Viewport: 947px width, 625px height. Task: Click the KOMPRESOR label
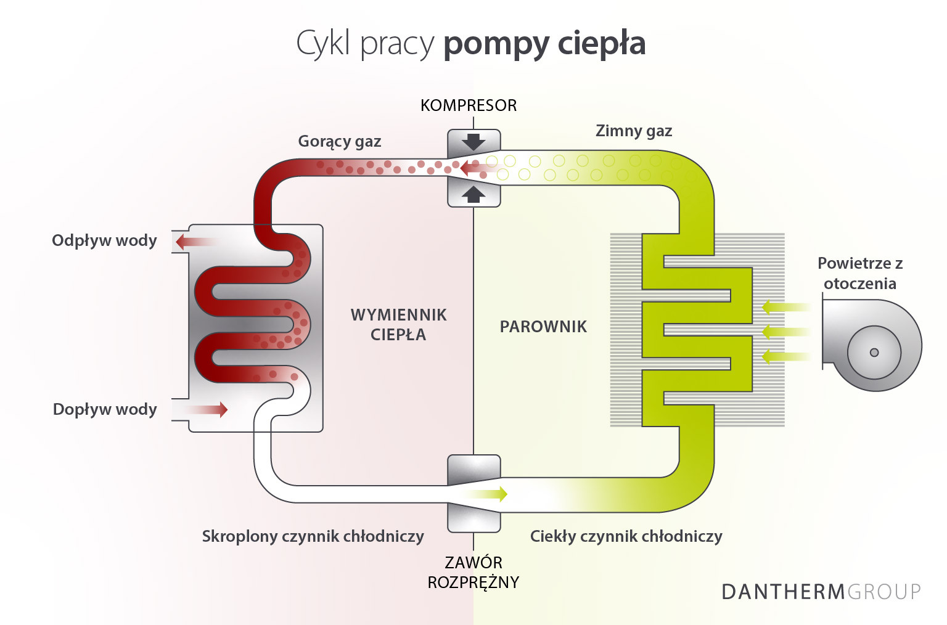pyautogui.click(x=469, y=105)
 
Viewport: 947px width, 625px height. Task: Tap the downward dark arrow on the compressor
pyautogui.click(x=473, y=141)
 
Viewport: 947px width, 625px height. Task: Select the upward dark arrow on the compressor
pyautogui.click(x=473, y=194)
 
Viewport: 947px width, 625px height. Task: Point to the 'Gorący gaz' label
pyautogui.click(x=340, y=142)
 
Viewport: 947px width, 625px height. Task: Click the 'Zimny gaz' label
pyautogui.click(x=634, y=131)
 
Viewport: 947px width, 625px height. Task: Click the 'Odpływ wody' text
pyautogui.click(x=104, y=240)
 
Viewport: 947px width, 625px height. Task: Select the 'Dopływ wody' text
pyautogui.click(x=105, y=409)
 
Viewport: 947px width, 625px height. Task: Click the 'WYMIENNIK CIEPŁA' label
pyautogui.click(x=398, y=325)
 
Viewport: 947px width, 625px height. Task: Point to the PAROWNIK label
pyautogui.click(x=543, y=327)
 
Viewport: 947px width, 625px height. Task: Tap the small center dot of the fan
pyautogui.click(x=874, y=353)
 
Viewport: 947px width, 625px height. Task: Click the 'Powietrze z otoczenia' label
pyautogui.click(x=860, y=273)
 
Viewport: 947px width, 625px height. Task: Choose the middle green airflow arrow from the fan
pyautogui.click(x=785, y=332)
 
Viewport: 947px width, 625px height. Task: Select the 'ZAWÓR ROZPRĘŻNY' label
pyautogui.click(x=473, y=572)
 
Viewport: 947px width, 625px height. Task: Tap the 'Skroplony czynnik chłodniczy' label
pyautogui.click(x=313, y=536)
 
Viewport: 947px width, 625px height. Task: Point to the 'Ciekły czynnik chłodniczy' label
pyautogui.click(x=626, y=536)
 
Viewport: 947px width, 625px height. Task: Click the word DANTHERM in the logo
pyautogui.click(x=783, y=592)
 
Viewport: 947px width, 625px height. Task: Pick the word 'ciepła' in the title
pyautogui.click(x=601, y=43)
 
